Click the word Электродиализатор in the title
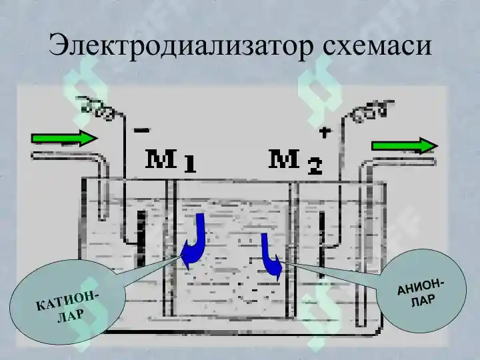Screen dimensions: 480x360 point(181,45)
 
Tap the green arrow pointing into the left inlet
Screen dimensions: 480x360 point(64,138)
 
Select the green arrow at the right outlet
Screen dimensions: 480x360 point(405,146)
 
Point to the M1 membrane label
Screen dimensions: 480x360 point(170,161)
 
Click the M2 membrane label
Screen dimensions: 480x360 point(295,161)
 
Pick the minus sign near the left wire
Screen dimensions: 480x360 point(142,131)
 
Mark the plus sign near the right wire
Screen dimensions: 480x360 point(325,132)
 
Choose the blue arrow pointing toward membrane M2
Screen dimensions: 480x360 point(270,255)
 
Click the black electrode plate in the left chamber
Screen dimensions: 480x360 point(141,239)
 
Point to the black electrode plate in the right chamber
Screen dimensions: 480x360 point(321,245)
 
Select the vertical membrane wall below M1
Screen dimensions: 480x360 point(170,248)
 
